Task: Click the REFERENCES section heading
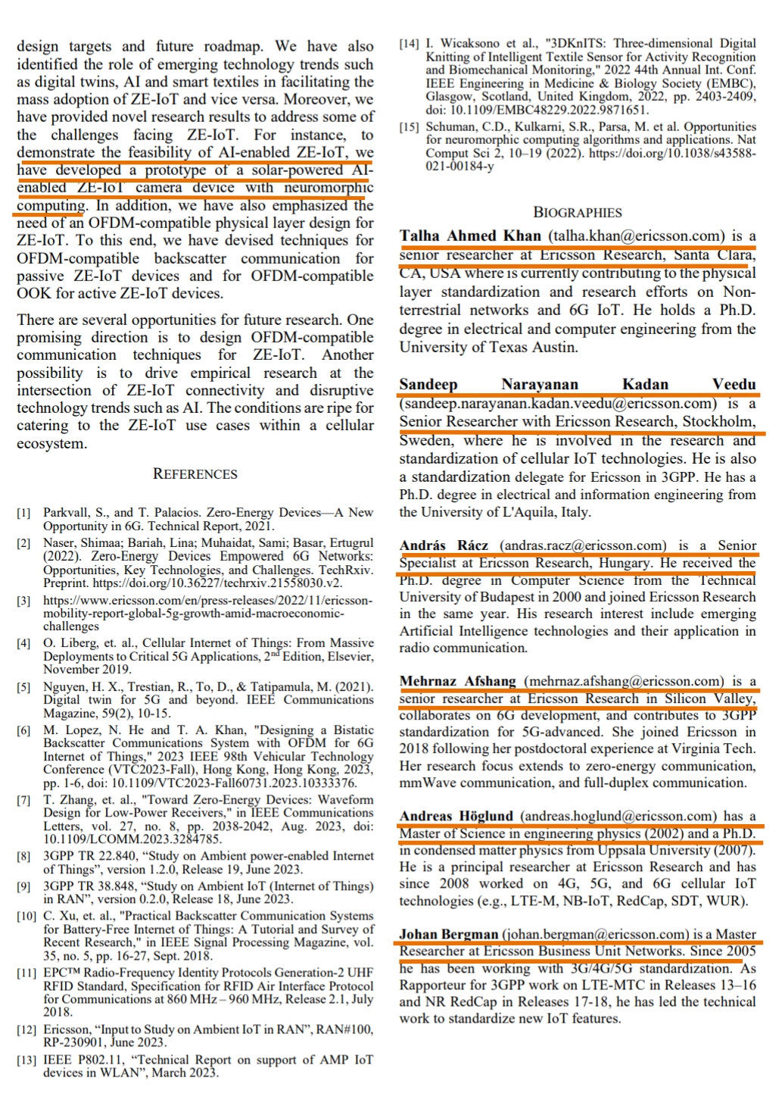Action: [x=195, y=474]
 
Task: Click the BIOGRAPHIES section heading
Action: [x=578, y=213]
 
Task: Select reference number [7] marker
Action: [x=24, y=800]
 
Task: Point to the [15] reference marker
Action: [x=409, y=127]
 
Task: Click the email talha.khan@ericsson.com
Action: [x=636, y=236]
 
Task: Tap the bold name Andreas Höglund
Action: [x=456, y=816]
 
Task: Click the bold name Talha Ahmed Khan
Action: [x=470, y=236]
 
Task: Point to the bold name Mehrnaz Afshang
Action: [x=457, y=681]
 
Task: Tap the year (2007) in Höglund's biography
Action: [x=732, y=850]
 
